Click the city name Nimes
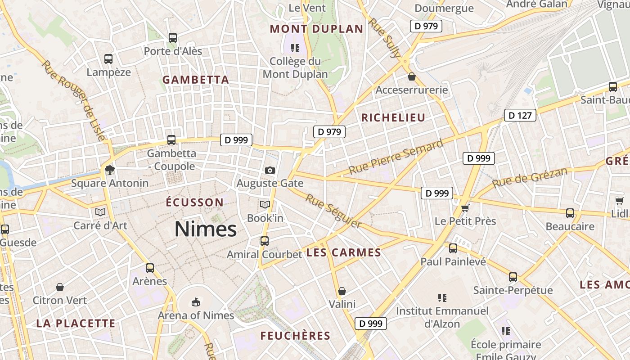pyautogui.click(x=206, y=229)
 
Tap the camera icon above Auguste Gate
pyautogui.click(x=270, y=170)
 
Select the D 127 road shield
pyautogui.click(x=520, y=115)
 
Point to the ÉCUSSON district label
pyautogui.click(x=194, y=202)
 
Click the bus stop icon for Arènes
pyautogui.click(x=150, y=268)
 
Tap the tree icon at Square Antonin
pyautogui.click(x=109, y=170)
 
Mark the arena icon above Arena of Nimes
pyautogui.click(x=195, y=301)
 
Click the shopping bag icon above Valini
pyautogui.click(x=342, y=291)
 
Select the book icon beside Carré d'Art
pyautogui.click(x=100, y=212)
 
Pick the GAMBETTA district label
pyautogui.click(x=196, y=80)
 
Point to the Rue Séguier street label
pyautogui.click(x=333, y=211)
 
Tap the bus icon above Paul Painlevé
pyautogui.click(x=453, y=248)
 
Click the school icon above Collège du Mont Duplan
pyautogui.click(x=295, y=47)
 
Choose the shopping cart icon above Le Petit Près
pyautogui.click(x=465, y=207)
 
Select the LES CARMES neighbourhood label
pyautogui.click(x=344, y=252)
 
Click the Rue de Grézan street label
pyautogui.click(x=530, y=178)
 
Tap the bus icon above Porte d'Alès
pyautogui.click(x=173, y=38)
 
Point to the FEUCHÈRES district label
pyautogui.click(x=295, y=336)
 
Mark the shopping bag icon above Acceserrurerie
pyautogui.click(x=411, y=76)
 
